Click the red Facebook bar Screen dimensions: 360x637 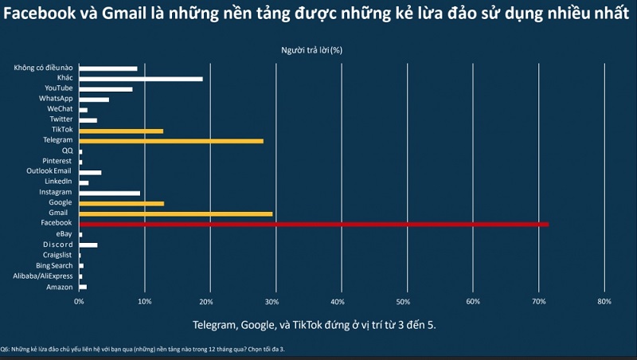314,224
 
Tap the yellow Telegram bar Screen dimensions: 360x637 170,141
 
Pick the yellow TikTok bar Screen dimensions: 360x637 121,131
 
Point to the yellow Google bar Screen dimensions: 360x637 121,203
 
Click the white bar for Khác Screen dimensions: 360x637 140,79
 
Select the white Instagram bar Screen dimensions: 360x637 109,193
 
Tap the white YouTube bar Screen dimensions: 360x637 105,89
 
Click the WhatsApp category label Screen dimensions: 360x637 56,99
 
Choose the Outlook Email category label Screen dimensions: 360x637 49,171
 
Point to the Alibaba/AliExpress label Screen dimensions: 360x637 43,276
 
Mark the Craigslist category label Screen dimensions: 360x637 57,255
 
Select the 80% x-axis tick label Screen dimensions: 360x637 604,302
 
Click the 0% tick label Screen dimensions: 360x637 79,302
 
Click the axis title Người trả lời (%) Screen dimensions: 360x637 311,49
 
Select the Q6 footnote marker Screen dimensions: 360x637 5,348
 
